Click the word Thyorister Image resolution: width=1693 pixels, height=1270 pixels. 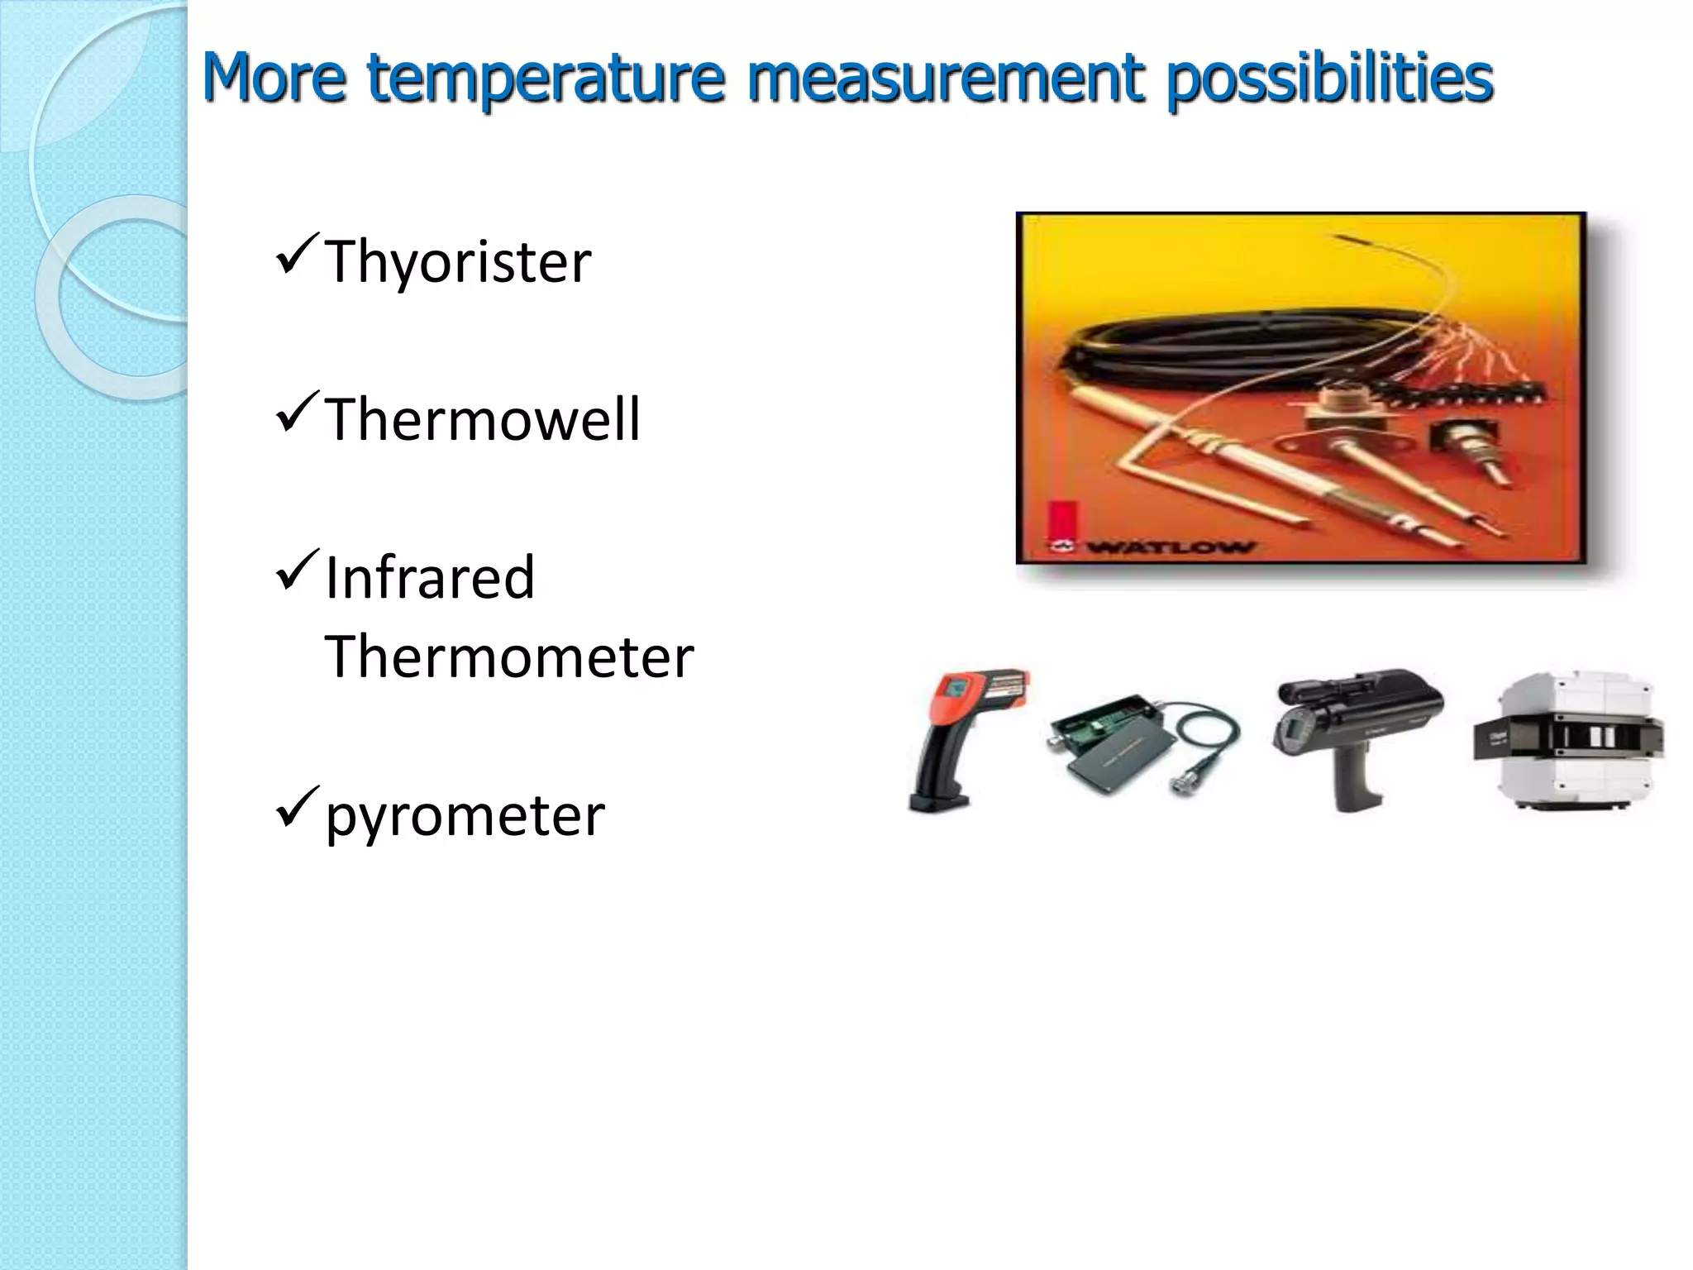[458, 261]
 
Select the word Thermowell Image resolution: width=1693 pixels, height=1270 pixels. [482, 419]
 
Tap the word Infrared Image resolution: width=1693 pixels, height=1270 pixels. [430, 577]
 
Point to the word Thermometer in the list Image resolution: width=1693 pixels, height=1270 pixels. [509, 656]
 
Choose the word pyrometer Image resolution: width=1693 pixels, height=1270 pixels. [465, 815]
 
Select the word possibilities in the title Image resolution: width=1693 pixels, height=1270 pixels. [1330, 79]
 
